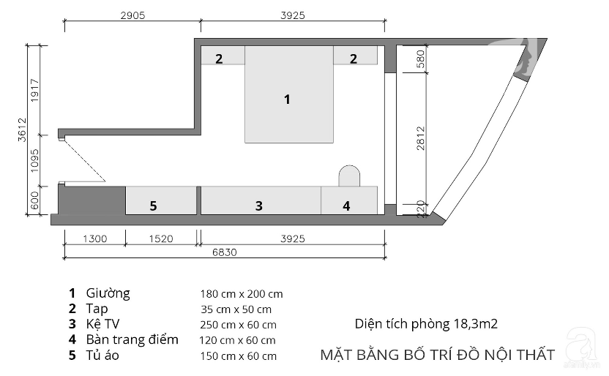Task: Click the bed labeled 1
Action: coord(289,94)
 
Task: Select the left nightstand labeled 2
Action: coord(223,55)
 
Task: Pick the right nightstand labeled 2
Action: coord(356,55)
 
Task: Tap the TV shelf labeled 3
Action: coord(261,200)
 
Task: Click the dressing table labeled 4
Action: coord(349,200)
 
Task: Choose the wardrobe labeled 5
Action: coord(161,200)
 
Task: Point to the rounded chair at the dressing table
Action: coord(349,176)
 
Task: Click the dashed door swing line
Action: coord(85,160)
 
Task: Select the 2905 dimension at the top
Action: coord(132,15)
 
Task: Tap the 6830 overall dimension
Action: coord(225,252)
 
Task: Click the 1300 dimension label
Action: coord(94,238)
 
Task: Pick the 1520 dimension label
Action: coord(161,238)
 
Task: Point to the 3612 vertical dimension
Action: coord(23,129)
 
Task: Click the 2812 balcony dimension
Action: coord(421,138)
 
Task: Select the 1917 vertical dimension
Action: coord(35,91)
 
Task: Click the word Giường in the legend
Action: coord(108,294)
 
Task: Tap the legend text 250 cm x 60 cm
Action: coord(238,325)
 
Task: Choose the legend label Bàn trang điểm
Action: coord(132,339)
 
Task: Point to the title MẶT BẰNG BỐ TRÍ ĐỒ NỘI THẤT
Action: coord(438,355)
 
